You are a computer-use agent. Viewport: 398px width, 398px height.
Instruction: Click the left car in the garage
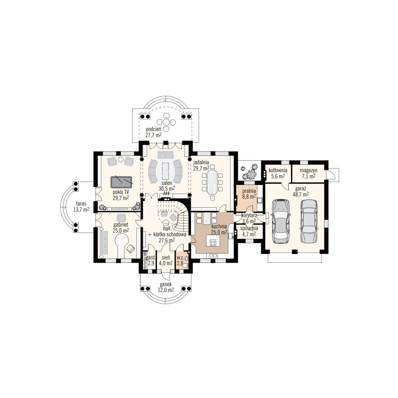click(281, 221)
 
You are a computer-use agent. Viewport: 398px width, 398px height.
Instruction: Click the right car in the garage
click(309, 221)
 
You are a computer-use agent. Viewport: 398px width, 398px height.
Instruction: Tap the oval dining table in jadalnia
click(212, 182)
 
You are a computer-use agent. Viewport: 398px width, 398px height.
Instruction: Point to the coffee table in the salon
click(166, 170)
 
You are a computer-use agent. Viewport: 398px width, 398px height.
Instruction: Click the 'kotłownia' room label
click(278, 170)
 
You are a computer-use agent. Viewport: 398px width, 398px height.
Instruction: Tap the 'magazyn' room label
click(308, 170)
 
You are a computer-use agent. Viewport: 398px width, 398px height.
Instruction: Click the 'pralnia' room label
click(249, 191)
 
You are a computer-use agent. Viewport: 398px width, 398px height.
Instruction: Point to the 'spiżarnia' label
click(249, 228)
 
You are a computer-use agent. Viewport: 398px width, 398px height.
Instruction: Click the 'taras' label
click(81, 204)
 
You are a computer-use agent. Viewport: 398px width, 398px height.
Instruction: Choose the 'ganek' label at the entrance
click(166, 284)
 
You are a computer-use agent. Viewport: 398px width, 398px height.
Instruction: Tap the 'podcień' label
click(153, 129)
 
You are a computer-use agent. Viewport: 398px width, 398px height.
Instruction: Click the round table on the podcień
click(166, 122)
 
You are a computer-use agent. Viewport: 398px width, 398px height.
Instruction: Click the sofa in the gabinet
click(104, 243)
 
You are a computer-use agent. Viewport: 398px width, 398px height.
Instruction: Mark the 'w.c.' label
click(181, 258)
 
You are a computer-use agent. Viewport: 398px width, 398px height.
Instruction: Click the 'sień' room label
click(166, 258)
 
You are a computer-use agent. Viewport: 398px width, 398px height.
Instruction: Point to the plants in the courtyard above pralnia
click(249, 171)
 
